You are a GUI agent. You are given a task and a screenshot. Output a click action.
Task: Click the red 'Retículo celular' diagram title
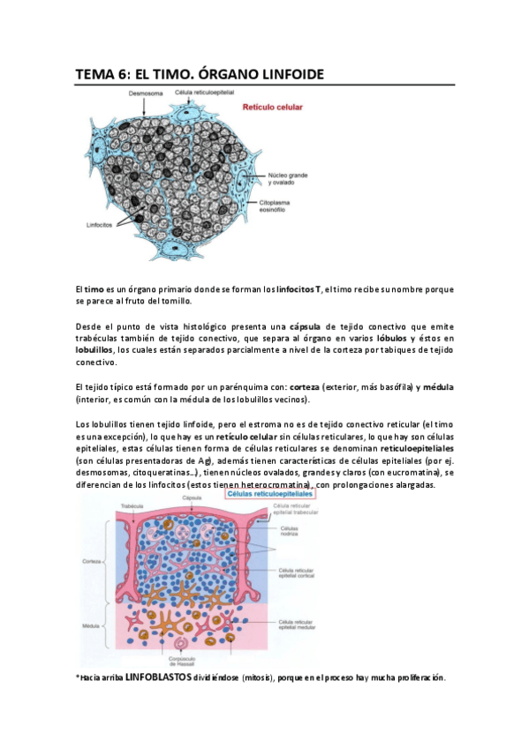pos(274,108)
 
